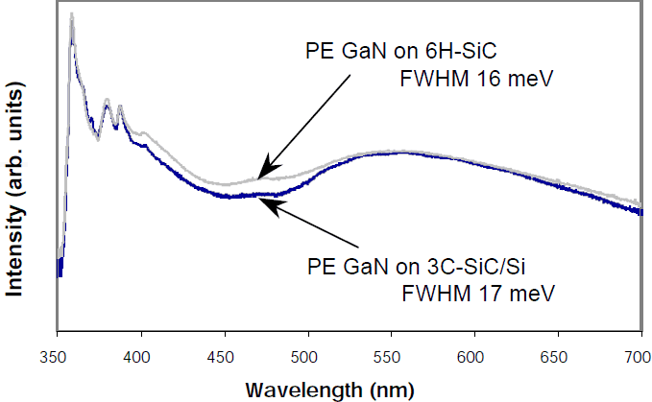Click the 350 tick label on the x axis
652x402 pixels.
[57, 358]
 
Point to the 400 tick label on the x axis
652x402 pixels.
[140, 358]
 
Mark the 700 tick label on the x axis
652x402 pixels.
[637, 358]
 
